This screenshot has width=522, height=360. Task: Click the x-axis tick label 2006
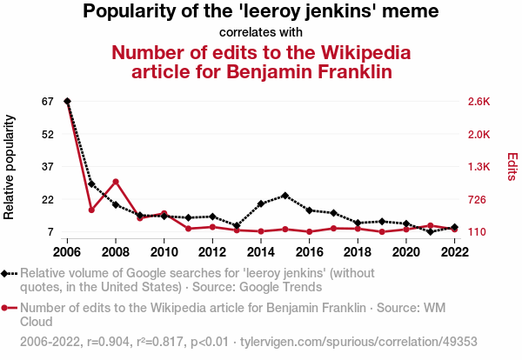[67, 252]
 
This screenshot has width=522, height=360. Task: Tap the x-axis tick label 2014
[261, 252]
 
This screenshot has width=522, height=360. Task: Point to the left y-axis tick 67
[47, 102]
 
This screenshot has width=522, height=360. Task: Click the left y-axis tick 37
[47, 166]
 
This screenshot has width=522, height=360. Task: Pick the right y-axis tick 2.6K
[479, 102]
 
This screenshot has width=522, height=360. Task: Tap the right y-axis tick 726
[478, 200]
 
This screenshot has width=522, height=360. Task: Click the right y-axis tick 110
[478, 232]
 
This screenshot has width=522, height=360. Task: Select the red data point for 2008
[116, 182]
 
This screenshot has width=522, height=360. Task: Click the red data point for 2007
[91, 210]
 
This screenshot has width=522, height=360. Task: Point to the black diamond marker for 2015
[285, 196]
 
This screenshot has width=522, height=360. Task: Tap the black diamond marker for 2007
[91, 184]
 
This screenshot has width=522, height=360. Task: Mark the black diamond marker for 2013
[237, 226]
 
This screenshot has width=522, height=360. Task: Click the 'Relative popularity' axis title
[10, 166]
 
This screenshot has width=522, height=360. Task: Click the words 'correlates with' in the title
[261, 32]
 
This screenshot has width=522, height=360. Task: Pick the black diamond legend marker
[6, 273]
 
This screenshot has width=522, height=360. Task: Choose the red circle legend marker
[6, 308]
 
